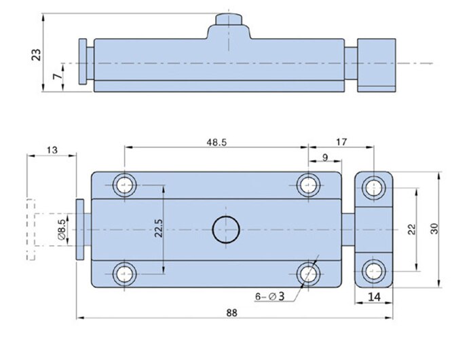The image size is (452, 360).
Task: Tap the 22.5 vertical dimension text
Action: click(157, 229)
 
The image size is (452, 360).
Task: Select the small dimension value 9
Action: click(326, 158)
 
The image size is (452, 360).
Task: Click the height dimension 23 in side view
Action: click(36, 53)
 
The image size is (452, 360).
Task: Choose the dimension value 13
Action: click(52, 150)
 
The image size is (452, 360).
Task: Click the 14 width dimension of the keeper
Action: click(375, 297)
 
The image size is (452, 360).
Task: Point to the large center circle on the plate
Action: click(226, 230)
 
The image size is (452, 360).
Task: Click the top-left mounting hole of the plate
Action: click(125, 185)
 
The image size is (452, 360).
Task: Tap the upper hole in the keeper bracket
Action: click(373, 187)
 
